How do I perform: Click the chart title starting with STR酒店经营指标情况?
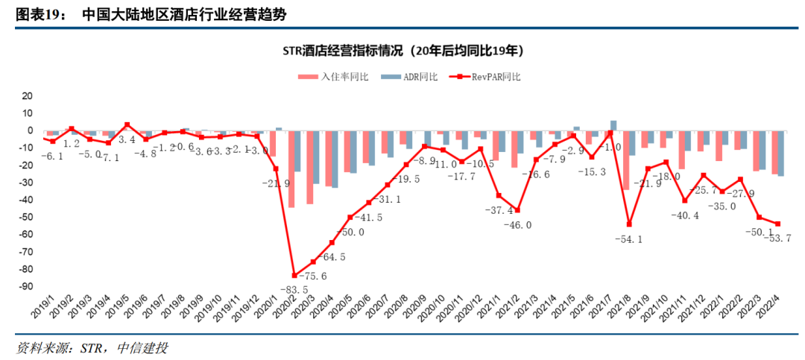402,51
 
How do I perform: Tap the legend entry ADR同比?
409,77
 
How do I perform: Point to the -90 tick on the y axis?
28,286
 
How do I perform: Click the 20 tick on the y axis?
28,96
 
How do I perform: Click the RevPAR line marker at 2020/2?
294,275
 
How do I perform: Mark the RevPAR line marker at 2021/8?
629,224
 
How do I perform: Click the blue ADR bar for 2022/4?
780,154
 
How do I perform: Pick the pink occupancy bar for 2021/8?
625,160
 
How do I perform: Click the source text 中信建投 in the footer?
142,349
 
